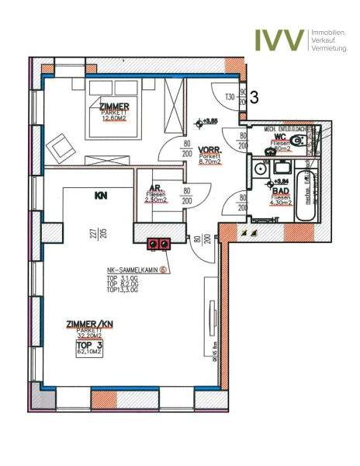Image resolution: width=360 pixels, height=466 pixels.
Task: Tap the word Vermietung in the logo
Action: click(329, 48)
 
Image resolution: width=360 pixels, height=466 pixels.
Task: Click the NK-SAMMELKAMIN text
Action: click(137, 271)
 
